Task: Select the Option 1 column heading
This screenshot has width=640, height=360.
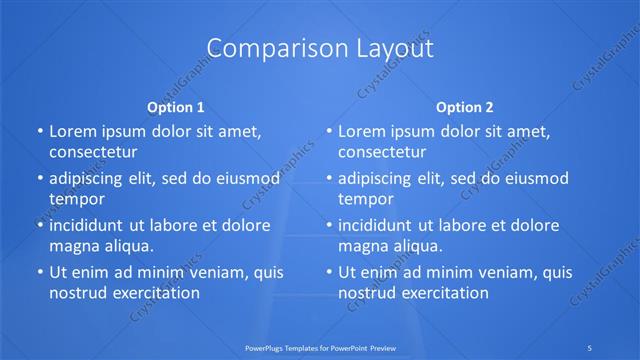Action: (x=176, y=106)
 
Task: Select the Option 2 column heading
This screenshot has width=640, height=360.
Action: (x=465, y=106)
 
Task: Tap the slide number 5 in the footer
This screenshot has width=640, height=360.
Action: (x=590, y=348)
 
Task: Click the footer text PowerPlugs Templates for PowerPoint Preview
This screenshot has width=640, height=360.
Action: (x=319, y=348)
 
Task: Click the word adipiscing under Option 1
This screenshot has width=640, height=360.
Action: (x=90, y=179)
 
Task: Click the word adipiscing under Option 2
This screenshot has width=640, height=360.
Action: (x=380, y=179)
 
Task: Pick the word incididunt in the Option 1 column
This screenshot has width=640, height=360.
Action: (x=90, y=225)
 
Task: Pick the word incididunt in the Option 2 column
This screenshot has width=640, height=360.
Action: (x=380, y=225)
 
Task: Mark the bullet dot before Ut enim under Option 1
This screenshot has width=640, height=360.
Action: (x=38, y=272)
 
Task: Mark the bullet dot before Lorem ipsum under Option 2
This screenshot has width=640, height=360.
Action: (x=328, y=131)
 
